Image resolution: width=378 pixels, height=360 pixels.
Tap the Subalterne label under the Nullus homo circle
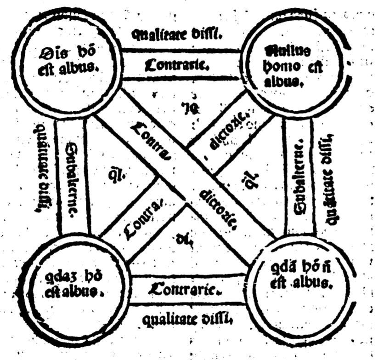pos(298,177)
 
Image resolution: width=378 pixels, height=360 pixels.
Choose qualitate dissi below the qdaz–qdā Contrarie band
pos(185,318)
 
